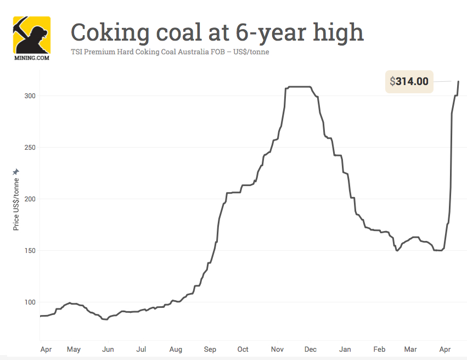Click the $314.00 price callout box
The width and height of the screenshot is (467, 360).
409,82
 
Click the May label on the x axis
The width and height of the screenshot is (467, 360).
74,349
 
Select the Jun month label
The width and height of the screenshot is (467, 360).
108,349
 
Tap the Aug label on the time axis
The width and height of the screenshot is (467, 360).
176,349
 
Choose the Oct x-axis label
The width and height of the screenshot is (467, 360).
243,349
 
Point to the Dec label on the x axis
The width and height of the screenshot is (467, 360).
310,349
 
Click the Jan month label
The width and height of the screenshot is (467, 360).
345,349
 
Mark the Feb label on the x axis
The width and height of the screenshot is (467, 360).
379,349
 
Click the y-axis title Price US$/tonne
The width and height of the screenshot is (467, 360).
16,204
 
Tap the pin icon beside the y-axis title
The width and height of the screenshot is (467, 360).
16,172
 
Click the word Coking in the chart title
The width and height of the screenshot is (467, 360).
108,32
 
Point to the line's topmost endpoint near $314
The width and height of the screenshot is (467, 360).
458,81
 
